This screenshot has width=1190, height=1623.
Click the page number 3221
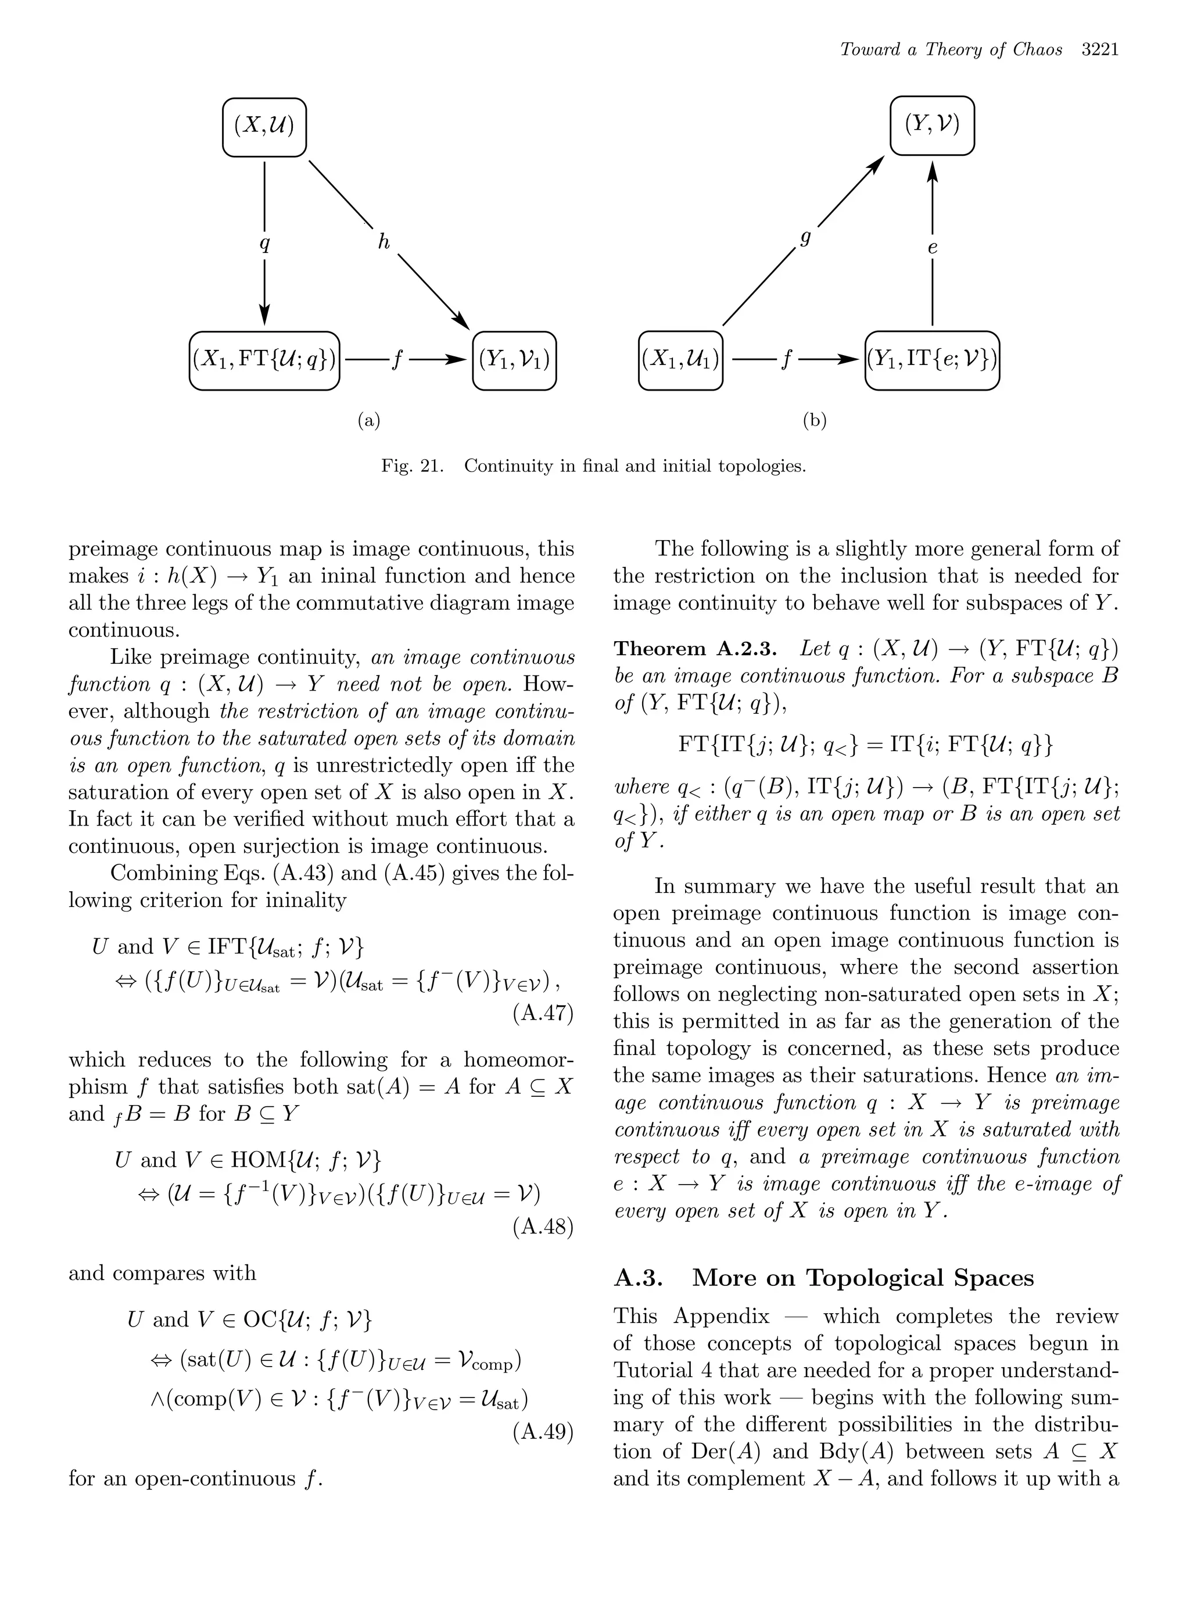pos(1099,50)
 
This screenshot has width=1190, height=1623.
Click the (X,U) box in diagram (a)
pos(264,127)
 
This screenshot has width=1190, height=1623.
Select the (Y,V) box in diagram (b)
pos(931,126)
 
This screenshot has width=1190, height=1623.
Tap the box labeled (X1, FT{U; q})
pos(264,360)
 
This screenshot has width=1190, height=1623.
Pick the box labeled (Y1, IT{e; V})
pos(931,360)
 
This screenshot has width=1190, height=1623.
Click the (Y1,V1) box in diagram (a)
pos(514,360)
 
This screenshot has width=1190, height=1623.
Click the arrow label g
pos(805,238)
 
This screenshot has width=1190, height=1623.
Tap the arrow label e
pos(932,248)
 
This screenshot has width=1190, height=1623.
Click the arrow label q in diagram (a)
pos(264,244)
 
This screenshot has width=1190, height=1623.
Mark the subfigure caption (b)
pos(814,421)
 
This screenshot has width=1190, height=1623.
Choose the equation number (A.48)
pos(543,1227)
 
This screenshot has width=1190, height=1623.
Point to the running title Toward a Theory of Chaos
pos(951,50)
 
